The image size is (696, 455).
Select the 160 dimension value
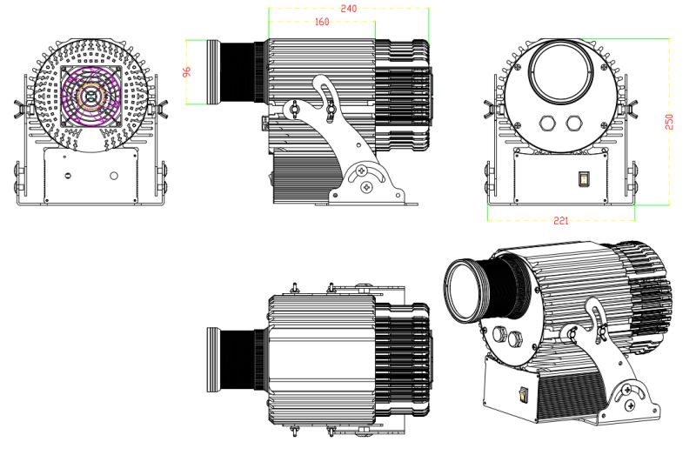pyautogui.click(x=322, y=23)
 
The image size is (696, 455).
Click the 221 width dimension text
pyautogui.click(x=561, y=221)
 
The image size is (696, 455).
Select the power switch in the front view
pyautogui.click(x=585, y=180)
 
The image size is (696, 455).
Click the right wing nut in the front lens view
pyautogui.click(x=632, y=110)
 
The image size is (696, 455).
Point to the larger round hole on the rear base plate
pyautogui.click(x=114, y=175)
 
